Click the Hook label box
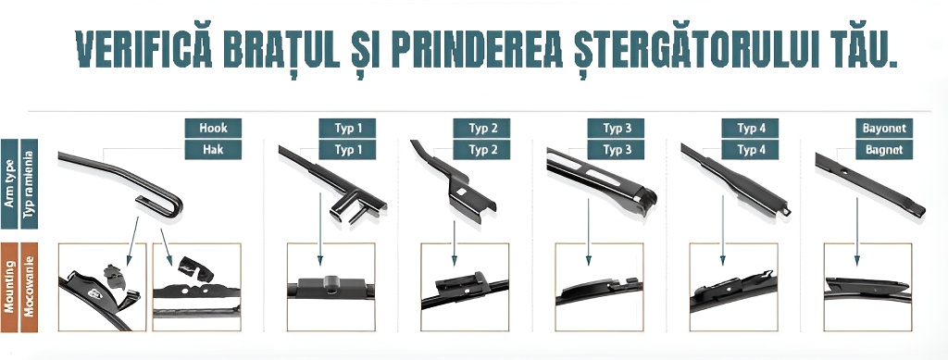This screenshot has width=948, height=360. coord(213,128)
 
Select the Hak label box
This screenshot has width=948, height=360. coord(213,148)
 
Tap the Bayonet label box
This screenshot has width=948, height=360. coord(883,128)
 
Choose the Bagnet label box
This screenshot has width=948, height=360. coord(883,148)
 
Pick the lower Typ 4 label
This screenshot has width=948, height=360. coord(751,148)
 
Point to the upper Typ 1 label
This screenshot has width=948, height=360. coord(348,128)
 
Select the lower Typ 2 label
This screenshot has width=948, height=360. coord(482,148)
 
